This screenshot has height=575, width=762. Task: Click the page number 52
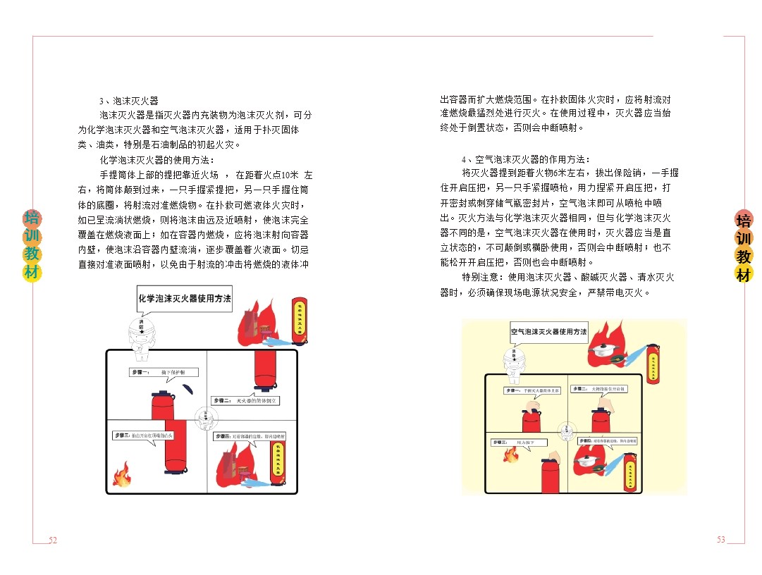(x=52, y=540)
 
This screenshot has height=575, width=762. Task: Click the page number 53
(x=720, y=540)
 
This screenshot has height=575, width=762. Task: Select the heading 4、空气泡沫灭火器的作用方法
(x=526, y=159)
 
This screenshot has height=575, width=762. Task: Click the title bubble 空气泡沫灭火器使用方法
(x=548, y=331)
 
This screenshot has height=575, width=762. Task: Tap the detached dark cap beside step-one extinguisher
(x=187, y=389)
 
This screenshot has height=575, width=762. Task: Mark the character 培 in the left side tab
(x=32, y=218)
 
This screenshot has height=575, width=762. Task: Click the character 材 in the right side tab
(x=744, y=274)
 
